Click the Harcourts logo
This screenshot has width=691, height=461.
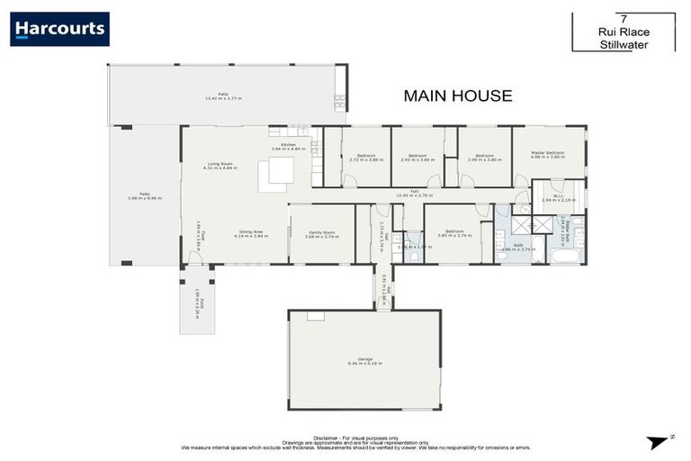pyautogui.click(x=59, y=29)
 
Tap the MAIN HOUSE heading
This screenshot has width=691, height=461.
pyautogui.click(x=457, y=95)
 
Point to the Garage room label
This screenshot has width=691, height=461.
pyautogui.click(x=364, y=360)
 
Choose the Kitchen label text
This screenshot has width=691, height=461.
pyautogui.click(x=288, y=146)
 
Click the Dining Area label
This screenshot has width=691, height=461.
pyautogui.click(x=248, y=232)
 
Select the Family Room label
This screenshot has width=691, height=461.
pyautogui.click(x=322, y=232)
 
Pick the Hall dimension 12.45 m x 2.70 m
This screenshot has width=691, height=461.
pyautogui.click(x=414, y=194)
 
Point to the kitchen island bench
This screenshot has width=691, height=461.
pyautogui.click(x=275, y=176)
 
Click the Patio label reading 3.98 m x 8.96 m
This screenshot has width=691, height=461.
pyautogui.click(x=144, y=195)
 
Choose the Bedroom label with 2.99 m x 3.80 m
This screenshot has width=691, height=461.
pyautogui.click(x=484, y=158)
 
